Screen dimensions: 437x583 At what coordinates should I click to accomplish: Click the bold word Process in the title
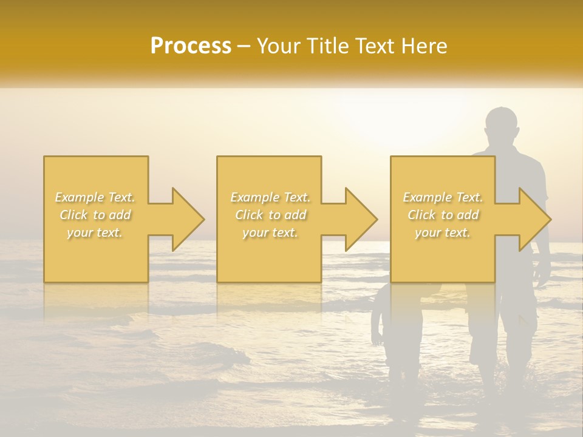click(x=191, y=46)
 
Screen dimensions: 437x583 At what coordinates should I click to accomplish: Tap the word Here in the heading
click(x=424, y=46)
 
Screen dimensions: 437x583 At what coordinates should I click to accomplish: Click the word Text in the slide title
click(x=375, y=46)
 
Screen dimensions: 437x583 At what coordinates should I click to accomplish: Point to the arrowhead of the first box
click(x=188, y=219)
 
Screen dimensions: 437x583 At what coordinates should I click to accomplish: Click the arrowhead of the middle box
click(x=361, y=219)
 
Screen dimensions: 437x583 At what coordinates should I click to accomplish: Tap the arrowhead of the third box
click(x=535, y=219)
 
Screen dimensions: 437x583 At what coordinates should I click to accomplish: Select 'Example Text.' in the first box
click(x=95, y=197)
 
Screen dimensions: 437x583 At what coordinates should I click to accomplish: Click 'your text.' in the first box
click(x=95, y=232)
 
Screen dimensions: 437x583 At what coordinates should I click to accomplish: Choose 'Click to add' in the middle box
click(x=270, y=215)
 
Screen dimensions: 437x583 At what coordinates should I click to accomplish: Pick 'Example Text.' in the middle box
click(x=270, y=197)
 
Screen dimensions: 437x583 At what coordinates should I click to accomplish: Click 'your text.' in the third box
click(x=443, y=232)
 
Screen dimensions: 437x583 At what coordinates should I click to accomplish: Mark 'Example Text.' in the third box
click(x=443, y=197)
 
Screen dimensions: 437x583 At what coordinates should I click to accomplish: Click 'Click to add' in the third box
click(x=443, y=215)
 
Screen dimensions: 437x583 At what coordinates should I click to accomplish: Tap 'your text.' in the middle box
click(x=270, y=232)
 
